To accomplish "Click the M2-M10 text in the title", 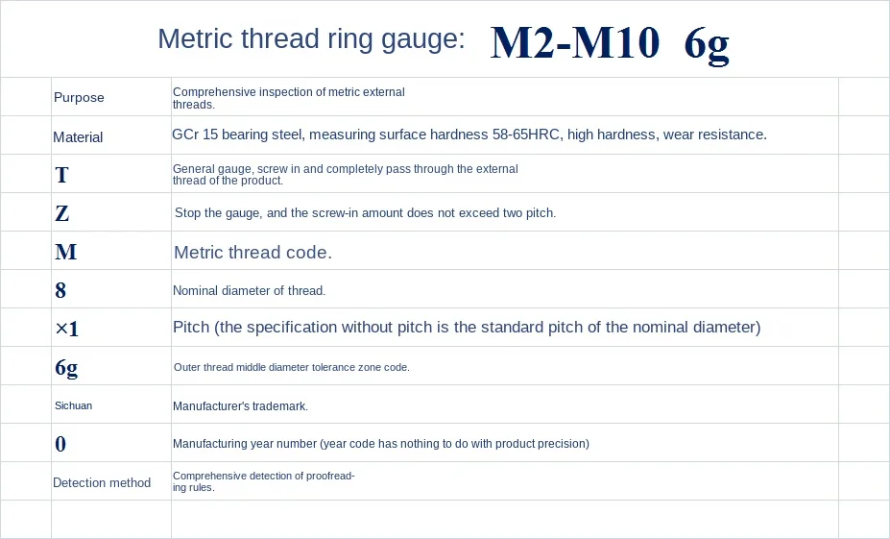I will tap(574, 42).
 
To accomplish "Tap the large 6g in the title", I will tap(707, 43).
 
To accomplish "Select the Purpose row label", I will tap(79, 97).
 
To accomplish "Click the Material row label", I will tap(78, 137).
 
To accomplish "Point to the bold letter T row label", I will tap(62, 175).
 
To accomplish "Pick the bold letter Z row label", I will tap(62, 213).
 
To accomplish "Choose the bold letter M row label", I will tap(65, 252).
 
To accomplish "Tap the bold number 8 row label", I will tap(61, 290).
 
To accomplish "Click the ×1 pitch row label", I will tap(67, 329).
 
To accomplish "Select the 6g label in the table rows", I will tap(66, 367).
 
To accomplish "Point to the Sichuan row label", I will tap(73, 405).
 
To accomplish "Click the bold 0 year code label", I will tap(61, 444).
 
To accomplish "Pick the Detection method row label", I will tap(102, 482).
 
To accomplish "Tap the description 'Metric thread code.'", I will tap(253, 253).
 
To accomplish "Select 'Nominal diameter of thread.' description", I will tap(249, 290).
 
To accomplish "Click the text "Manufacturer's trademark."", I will tap(240, 406).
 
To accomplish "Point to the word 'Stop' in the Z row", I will tap(187, 212).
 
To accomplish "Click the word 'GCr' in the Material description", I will tap(184, 135).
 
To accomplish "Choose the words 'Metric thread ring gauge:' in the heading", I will tap(311, 39).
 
